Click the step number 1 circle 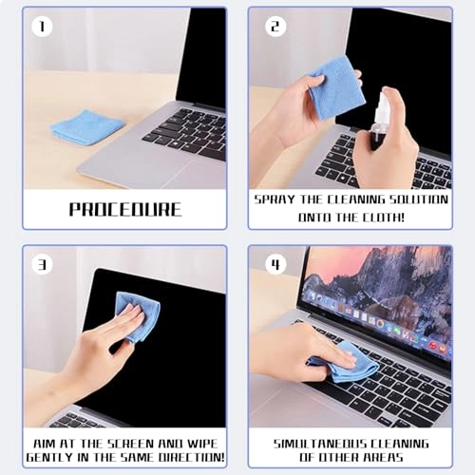click(40, 26)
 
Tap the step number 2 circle click(275, 26)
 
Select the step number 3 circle click(40, 263)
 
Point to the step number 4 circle click(275, 263)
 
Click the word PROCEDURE click(125, 209)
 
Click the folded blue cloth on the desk click(86, 127)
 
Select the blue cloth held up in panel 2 click(333, 85)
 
